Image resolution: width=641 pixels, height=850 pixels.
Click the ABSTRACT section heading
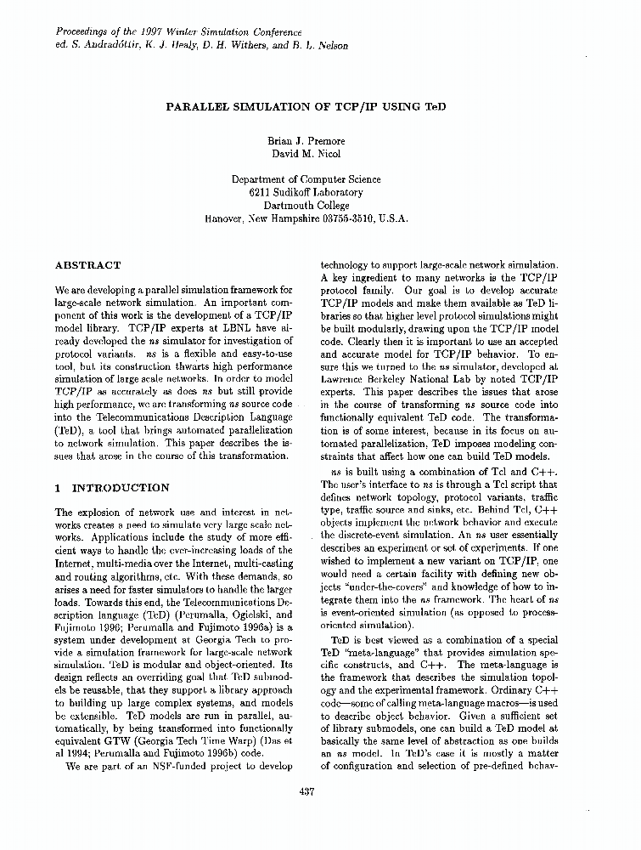point(87,265)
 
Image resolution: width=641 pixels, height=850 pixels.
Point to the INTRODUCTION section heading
point(121,488)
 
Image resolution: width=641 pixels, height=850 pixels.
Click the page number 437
point(307,792)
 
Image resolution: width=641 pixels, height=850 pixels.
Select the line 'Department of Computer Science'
point(306,179)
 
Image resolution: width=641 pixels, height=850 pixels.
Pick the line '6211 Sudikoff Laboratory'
point(306,192)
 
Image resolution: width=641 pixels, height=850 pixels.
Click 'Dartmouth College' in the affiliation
point(306,205)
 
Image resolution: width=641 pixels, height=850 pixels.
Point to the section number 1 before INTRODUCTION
point(57,488)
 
